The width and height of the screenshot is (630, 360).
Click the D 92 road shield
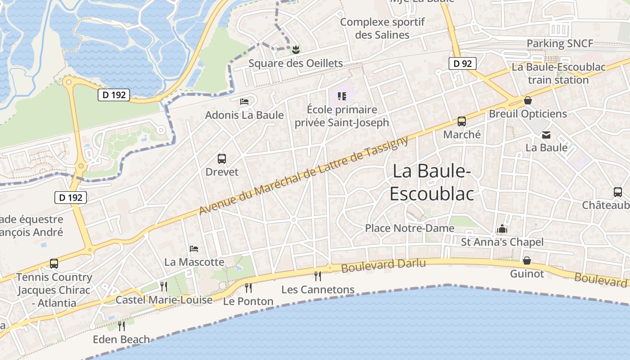(463, 63)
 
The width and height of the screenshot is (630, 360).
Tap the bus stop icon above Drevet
(222, 158)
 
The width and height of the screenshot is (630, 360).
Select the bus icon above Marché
(462, 121)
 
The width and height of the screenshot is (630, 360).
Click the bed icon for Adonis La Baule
(244, 102)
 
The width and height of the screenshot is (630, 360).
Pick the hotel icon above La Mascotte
(194, 248)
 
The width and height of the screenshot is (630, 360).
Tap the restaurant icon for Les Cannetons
(318, 275)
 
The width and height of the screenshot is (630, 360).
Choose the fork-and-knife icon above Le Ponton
(248, 288)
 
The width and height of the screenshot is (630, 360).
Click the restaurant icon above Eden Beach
(121, 325)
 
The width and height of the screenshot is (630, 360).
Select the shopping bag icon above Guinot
(526, 261)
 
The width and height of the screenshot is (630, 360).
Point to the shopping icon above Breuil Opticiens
(527, 100)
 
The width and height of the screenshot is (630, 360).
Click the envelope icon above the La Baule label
(546, 135)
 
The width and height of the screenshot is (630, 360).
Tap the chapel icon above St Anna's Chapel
(502, 229)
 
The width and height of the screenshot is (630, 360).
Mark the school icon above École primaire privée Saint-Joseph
(342, 96)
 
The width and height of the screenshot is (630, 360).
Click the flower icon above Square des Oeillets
(296, 49)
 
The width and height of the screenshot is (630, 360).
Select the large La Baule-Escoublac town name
(432, 182)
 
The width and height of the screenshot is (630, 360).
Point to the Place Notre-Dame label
(409, 228)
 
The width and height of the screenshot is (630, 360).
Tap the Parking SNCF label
(560, 44)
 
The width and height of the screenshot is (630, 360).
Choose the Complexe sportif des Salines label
(382, 28)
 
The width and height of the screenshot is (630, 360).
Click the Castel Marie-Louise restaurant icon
(164, 286)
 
